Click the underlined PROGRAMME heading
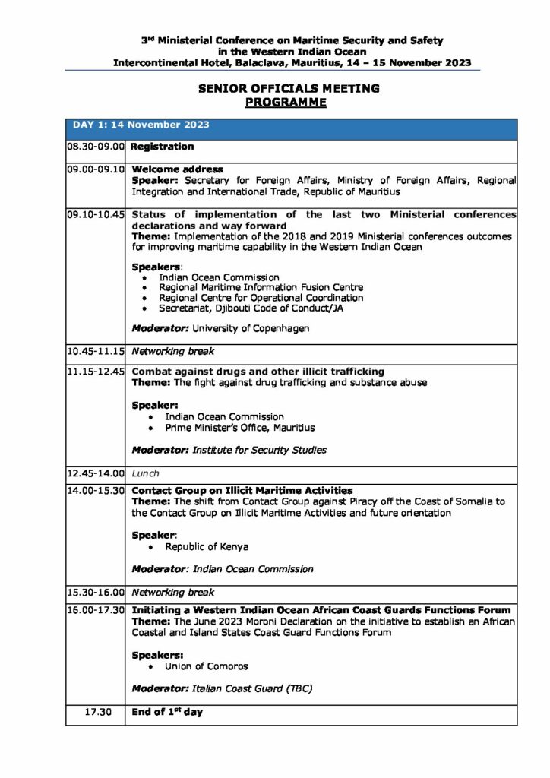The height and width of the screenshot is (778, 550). click(x=286, y=101)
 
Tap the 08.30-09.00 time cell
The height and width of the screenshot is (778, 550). click(x=95, y=147)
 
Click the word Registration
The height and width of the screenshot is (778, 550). click(x=163, y=147)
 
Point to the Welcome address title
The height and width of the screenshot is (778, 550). click(x=177, y=169)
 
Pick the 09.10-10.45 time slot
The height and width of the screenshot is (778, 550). click(x=95, y=215)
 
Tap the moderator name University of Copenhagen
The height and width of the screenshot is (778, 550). click(x=251, y=329)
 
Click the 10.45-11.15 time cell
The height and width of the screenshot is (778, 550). click(x=95, y=352)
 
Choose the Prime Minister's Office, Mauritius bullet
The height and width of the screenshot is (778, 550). click(x=239, y=428)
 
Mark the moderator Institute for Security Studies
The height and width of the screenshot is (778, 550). click(x=259, y=450)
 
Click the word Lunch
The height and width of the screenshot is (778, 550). click(x=146, y=473)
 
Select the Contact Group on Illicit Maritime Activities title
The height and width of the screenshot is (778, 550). click(x=242, y=491)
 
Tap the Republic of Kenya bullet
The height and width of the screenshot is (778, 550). click(x=207, y=546)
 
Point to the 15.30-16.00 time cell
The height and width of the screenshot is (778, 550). click(x=95, y=592)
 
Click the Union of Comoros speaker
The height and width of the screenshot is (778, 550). click(x=206, y=666)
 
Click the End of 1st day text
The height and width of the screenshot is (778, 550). click(x=167, y=713)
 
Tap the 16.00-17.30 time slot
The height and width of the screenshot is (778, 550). click(x=95, y=610)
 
